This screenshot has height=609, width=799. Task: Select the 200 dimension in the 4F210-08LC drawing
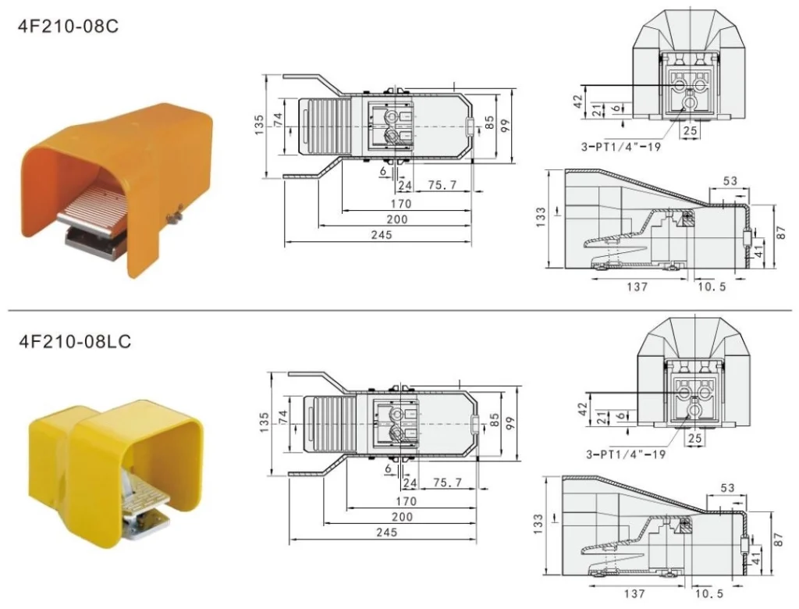coord(401,517)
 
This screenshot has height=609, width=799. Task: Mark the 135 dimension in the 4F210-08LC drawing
coord(263,422)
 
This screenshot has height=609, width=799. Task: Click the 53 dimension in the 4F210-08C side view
coord(730,181)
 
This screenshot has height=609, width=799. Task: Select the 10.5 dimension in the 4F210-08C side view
coord(711,287)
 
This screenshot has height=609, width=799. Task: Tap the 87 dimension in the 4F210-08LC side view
coord(778,540)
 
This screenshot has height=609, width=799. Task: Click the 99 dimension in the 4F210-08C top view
coord(505,125)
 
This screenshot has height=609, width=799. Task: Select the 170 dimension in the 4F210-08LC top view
coord(405,501)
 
